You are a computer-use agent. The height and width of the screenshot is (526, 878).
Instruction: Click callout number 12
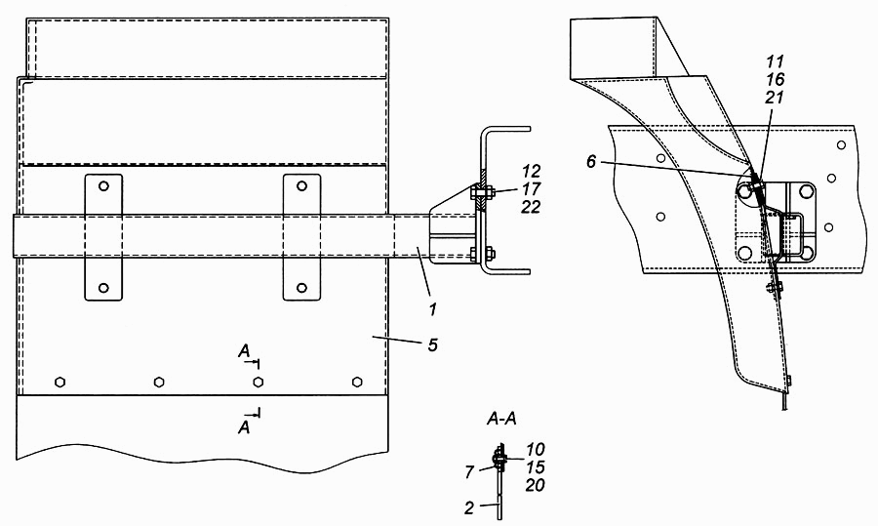coord(531,171)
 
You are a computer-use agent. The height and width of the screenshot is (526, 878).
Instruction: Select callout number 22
coord(531,207)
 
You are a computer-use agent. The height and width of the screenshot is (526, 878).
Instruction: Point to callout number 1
coord(432,308)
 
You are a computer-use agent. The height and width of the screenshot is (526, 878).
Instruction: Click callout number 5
coord(432,344)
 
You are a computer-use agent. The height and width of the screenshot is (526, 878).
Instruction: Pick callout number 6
coord(592,162)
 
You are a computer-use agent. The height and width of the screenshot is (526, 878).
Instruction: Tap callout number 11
coord(775,61)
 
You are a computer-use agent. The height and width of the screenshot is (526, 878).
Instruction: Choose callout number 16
coord(775,79)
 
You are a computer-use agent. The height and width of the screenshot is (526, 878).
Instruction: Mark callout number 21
coord(775,98)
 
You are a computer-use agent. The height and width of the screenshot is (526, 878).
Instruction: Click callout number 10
coord(536,449)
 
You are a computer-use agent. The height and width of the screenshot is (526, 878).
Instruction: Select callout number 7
coord(469,472)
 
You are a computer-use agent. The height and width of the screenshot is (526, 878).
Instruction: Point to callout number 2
coord(469,507)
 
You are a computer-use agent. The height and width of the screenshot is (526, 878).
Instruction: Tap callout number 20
coord(536,485)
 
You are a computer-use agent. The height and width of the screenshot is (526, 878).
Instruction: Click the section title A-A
coord(501,419)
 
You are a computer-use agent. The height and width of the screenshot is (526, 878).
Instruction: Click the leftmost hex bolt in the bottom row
coord(60,383)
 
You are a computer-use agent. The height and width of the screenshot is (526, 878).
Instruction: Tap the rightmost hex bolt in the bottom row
coord(357,382)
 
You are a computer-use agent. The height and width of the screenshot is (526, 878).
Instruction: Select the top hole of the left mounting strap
coord(103,185)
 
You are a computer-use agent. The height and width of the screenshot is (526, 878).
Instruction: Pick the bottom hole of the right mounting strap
coord(301,288)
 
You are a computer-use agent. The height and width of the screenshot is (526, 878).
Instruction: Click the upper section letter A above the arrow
coord(244,351)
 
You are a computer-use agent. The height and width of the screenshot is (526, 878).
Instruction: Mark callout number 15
coord(536,466)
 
